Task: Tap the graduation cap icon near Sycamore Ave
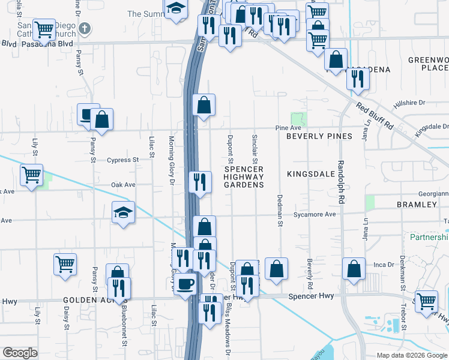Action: point(122,212)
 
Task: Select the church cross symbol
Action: point(85,28)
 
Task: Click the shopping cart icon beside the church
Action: point(44,29)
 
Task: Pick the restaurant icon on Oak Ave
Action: point(200,181)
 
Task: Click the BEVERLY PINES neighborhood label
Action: point(319,136)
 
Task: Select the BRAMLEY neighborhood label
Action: point(417,205)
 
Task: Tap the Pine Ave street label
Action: point(288,128)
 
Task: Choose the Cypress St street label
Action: point(122,160)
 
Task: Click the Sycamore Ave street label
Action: point(314,214)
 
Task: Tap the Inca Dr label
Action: point(382,264)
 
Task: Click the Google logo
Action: point(20,353)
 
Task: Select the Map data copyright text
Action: point(411,355)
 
